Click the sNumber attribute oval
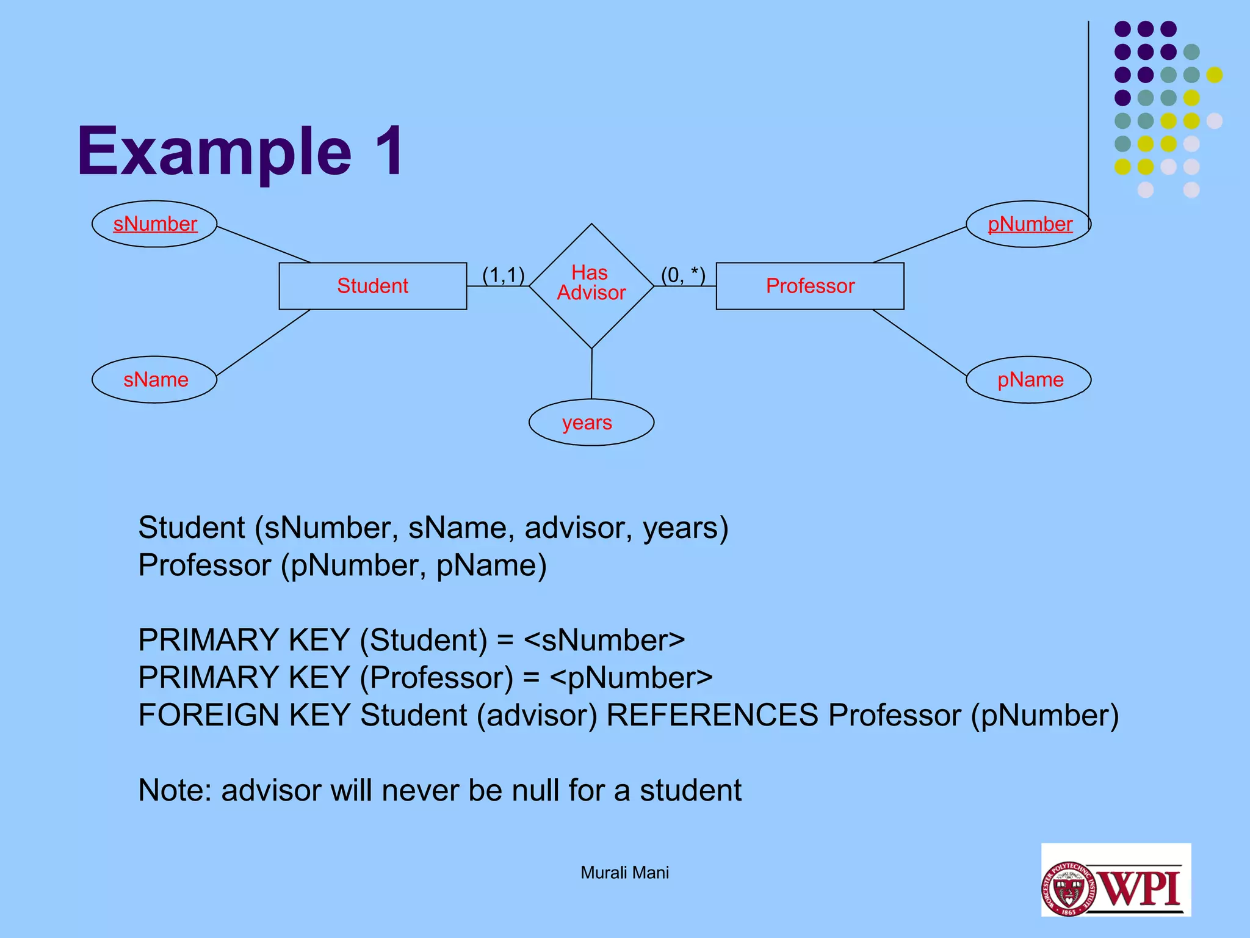[x=154, y=224]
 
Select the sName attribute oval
[x=154, y=380]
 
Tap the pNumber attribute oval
[x=1029, y=224]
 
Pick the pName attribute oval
[x=1029, y=380]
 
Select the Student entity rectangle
[x=373, y=286]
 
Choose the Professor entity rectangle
[x=810, y=286]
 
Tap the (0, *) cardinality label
[x=683, y=275]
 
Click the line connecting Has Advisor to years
[x=591, y=374]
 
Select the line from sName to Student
[x=264, y=343]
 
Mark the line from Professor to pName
[x=920, y=343]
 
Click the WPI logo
[x=1116, y=880]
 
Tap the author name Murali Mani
[x=624, y=873]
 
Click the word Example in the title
[x=214, y=151]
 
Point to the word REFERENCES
[x=712, y=715]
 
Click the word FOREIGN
[x=244, y=715]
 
